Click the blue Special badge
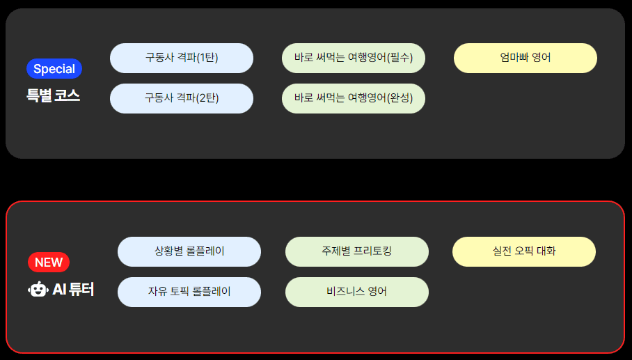pos(54,69)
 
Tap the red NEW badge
pos(49,262)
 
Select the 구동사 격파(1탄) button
pos(182,58)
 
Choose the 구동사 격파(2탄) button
pos(182,98)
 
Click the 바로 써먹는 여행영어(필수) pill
pos(354,58)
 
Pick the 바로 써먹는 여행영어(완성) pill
pos(354,98)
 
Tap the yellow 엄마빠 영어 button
pos(526,58)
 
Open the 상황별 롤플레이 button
pos(189,251)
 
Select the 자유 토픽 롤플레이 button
pos(189,292)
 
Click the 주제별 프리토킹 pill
pos(357,251)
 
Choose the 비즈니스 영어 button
pos(357,292)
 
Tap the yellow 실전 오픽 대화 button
pos(524,251)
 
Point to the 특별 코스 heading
pos(54,96)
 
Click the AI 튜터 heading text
pos(73,289)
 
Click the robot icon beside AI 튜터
pos(38,289)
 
